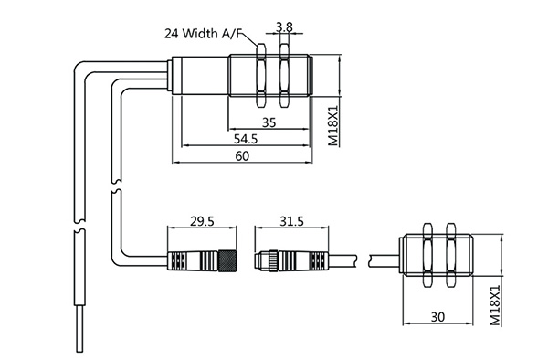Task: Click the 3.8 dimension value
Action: point(284,27)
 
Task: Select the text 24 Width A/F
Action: point(203,34)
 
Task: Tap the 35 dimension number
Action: point(269,122)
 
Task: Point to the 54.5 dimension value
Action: point(246,139)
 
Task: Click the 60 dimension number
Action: point(242,156)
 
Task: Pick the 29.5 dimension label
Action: point(202,221)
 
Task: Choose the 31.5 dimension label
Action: point(292,221)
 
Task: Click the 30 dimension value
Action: point(437,317)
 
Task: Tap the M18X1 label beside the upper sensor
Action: point(333,125)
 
